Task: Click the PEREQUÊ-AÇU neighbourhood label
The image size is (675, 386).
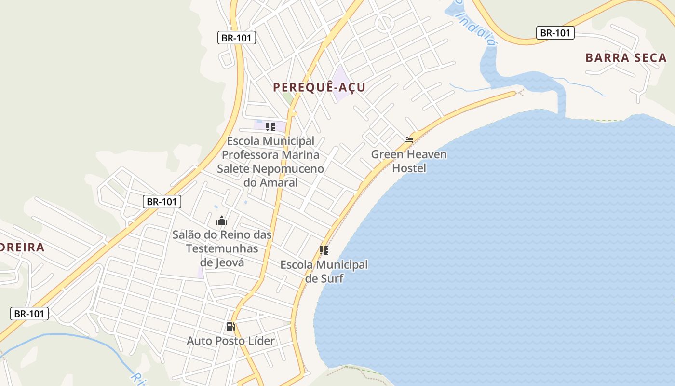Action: coord(319,87)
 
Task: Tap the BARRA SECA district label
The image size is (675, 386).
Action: coord(626,58)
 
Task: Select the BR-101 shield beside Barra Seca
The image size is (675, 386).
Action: coord(555,33)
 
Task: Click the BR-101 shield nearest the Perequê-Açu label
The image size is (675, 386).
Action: coord(236,38)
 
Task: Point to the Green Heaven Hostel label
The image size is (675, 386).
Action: coord(409,161)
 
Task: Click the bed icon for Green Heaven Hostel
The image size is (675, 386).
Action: coord(409,140)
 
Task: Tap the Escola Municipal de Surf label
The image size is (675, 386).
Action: coord(324,272)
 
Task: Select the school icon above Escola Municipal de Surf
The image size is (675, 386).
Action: coord(324,250)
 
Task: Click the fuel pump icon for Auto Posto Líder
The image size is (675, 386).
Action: coord(231,327)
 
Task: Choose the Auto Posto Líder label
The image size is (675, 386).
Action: coord(231,341)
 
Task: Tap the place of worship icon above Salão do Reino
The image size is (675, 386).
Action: coord(222,221)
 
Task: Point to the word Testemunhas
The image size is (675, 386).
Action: coord(222,249)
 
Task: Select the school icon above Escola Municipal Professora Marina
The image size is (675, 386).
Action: coord(270,127)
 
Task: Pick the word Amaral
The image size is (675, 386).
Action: coord(279,183)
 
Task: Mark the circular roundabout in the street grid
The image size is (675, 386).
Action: coord(384,22)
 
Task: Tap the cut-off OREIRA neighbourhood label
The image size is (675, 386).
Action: coord(22,248)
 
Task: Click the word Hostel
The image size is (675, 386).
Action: coord(409,168)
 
